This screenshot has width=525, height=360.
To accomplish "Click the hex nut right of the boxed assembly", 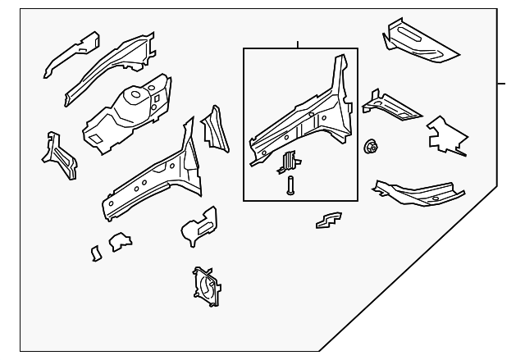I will pyautogui.click(x=370, y=148).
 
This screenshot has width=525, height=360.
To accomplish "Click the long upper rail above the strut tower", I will pyautogui.click(x=110, y=66).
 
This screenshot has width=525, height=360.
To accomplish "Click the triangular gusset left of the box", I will pyautogui.click(x=214, y=129).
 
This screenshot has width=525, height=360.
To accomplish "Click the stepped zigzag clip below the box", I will pyautogui.click(x=328, y=221).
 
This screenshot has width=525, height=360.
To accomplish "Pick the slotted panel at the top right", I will pyautogui.click(x=419, y=43).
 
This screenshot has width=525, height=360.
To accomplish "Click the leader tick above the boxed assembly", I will pyautogui.click(x=298, y=43).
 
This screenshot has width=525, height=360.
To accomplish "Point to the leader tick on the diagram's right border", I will pyautogui.click(x=501, y=84).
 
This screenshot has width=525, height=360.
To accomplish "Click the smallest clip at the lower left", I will pyautogui.click(x=96, y=253).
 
